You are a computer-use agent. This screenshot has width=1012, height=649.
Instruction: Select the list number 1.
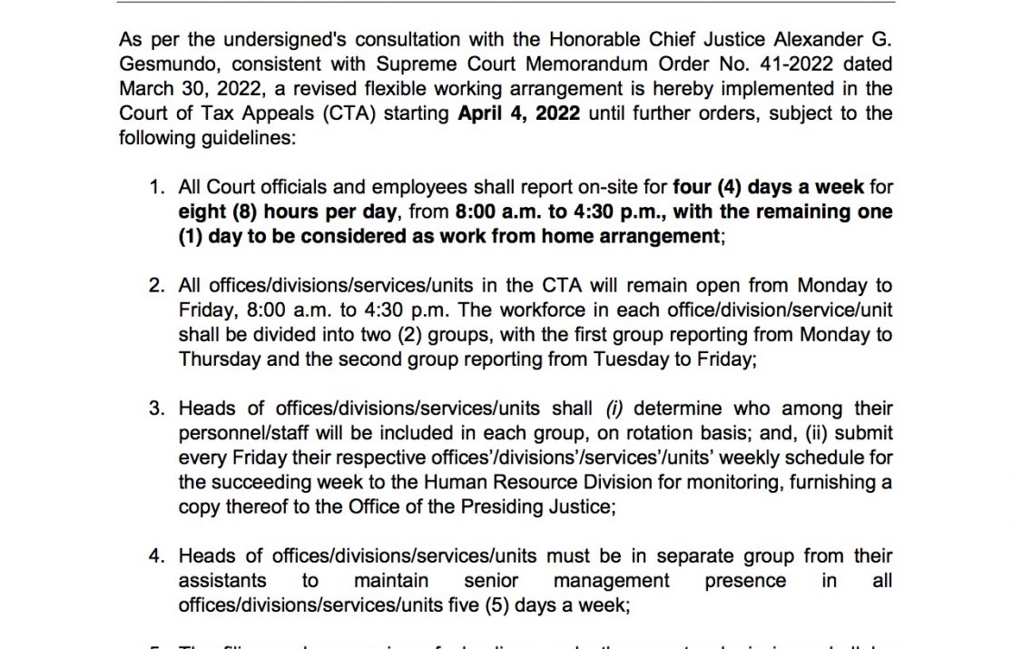click(x=156, y=188)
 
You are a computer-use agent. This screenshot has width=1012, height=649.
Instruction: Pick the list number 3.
click(x=156, y=408)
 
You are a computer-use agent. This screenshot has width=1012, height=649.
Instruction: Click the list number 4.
click(x=156, y=556)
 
